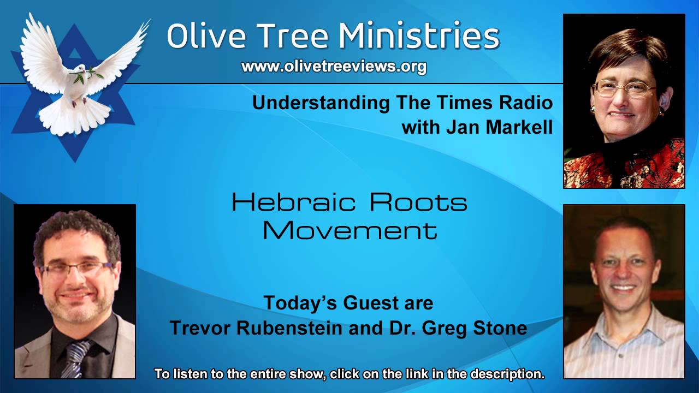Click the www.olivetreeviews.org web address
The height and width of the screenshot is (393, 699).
[334, 67]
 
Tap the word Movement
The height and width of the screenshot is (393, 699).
[350, 230]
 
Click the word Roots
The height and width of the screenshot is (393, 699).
[418, 203]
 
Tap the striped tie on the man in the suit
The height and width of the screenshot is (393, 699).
[75, 358]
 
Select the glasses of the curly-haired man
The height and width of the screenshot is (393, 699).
[76, 269]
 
